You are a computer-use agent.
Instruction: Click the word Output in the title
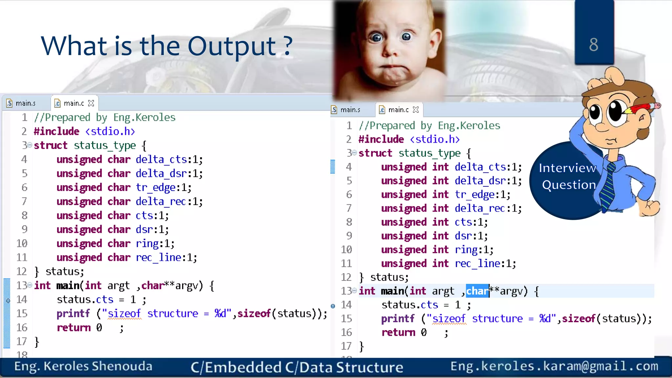point(232,46)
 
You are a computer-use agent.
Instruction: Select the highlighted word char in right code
point(477,291)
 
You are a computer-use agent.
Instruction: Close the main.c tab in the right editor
point(416,110)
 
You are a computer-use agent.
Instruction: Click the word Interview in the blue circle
point(567,168)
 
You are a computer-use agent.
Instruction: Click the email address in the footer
point(554,366)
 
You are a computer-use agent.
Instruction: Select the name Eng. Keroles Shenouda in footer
point(83,367)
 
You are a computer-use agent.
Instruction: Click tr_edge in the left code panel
point(156,187)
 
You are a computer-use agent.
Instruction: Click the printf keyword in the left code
point(73,314)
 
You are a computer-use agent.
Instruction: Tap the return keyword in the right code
point(398,332)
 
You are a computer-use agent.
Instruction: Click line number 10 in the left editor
point(22,243)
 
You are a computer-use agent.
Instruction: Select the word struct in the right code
point(375,153)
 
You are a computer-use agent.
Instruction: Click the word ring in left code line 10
point(147,243)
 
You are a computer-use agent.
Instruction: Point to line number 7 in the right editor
point(349,208)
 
